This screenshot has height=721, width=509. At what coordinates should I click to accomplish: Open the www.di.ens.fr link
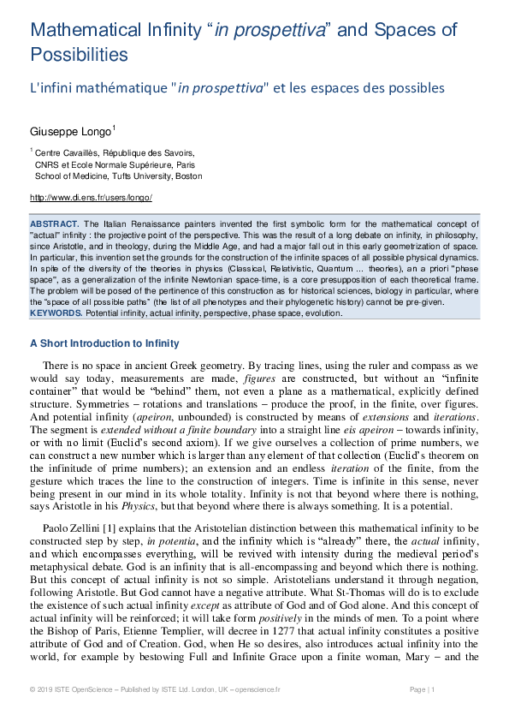tap(91, 198)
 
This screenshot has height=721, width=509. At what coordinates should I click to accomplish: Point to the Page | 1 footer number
tap(423, 689)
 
